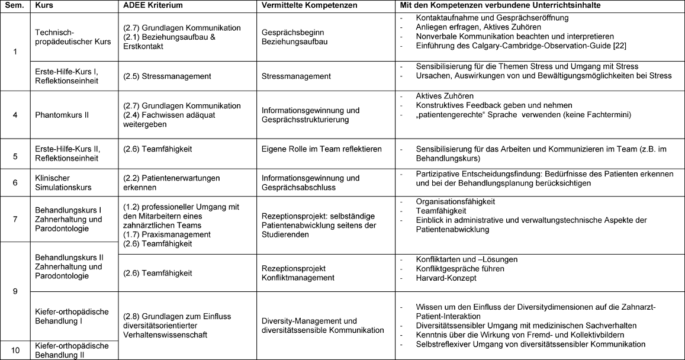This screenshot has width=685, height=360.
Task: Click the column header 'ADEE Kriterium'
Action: pos(153,5)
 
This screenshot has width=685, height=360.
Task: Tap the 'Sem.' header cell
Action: pos(14,5)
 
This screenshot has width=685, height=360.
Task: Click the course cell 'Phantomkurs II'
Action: pos(62,115)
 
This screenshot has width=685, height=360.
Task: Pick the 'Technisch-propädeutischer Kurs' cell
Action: pos(73,37)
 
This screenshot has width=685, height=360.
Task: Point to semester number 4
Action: pos(15,115)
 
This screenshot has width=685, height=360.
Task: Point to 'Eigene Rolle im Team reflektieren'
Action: pos(320,149)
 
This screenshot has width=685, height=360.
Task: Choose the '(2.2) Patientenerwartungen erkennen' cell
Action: pos(171,182)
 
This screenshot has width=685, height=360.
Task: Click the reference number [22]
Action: pos(619,46)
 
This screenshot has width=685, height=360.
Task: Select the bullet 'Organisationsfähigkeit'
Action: pos(455,202)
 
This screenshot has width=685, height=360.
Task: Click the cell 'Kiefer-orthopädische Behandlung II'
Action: pos(72,350)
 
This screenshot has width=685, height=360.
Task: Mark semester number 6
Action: pos(15,183)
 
